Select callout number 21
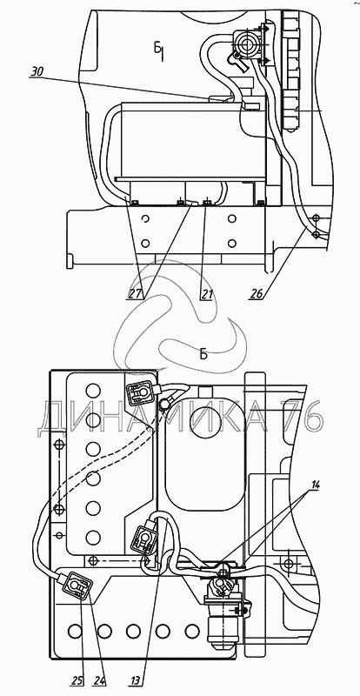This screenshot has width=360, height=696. click(x=207, y=293)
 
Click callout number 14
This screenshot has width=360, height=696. click(x=315, y=485)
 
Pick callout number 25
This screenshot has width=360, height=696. click(x=77, y=680)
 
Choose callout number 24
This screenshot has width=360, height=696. click(x=99, y=680)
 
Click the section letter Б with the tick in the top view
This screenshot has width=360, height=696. click(x=159, y=50)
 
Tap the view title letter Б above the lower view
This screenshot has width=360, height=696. click(x=203, y=354)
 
